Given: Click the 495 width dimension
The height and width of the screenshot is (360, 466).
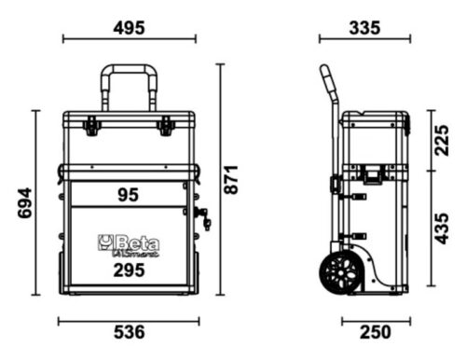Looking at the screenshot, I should click(129, 27).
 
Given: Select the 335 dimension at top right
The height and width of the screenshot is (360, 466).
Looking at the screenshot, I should click(363, 27).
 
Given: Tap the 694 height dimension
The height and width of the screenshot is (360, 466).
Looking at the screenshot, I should click(25, 201).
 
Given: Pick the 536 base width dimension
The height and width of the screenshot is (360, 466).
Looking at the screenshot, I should click(129, 331).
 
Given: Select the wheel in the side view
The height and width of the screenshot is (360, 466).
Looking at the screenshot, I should click(336, 273).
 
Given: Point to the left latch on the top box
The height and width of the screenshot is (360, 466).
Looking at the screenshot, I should click(91, 126).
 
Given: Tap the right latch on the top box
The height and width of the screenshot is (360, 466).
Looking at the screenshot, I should click(166, 126).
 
